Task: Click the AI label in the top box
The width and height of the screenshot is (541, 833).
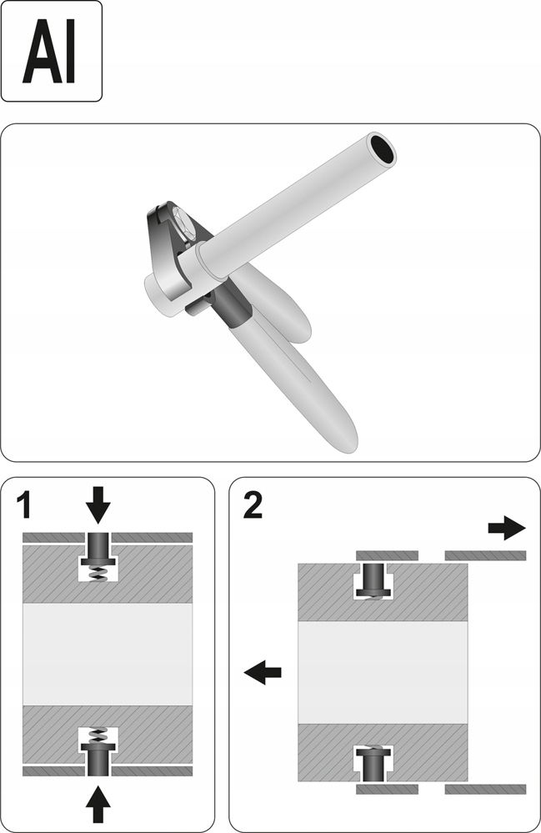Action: tap(51, 52)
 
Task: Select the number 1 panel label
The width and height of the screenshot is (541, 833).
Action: tap(27, 504)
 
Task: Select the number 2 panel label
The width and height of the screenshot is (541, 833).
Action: tap(253, 505)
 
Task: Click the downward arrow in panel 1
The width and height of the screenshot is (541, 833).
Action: tap(98, 502)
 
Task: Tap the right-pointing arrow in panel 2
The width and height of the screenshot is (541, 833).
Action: tap(506, 528)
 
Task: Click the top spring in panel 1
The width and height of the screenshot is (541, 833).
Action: tap(98, 571)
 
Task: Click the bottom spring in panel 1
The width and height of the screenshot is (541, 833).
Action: tap(98, 735)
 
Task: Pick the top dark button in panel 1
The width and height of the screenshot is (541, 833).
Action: tap(98, 549)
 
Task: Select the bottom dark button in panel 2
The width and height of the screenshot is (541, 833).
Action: tap(374, 763)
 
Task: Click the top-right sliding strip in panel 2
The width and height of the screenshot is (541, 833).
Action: tap(485, 554)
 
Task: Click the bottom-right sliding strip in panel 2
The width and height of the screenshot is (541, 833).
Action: tap(485, 788)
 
